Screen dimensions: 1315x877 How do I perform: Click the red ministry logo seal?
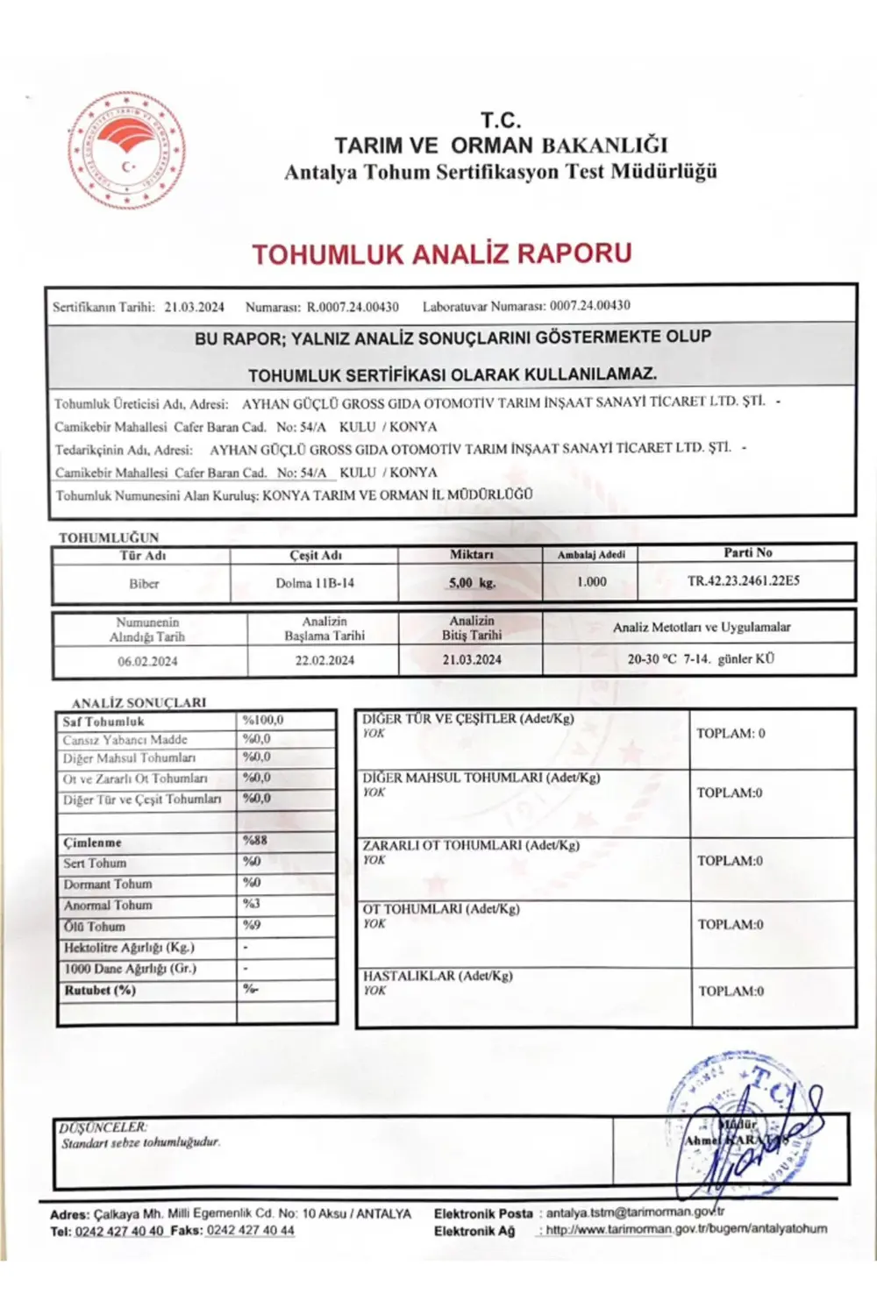126,150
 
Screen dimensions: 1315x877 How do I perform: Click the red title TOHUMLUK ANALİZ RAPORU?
442,254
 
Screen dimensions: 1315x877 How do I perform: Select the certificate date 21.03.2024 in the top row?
194,307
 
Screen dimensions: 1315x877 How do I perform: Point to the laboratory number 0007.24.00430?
589,306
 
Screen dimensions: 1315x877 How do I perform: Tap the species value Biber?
144,583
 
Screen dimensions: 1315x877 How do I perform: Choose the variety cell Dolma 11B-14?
315,583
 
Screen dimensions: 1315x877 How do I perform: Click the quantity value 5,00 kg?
472,582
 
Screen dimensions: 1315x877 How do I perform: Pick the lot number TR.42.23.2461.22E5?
743,580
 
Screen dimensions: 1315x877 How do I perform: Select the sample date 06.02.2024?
147,661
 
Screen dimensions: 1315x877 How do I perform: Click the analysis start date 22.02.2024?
324,660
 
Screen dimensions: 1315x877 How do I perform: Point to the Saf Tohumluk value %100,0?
263,720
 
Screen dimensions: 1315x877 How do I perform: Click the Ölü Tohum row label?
95,926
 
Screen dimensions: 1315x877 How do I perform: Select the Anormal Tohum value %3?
252,903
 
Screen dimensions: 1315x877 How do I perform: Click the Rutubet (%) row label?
100,990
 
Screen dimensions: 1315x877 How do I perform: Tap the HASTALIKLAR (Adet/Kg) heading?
438,976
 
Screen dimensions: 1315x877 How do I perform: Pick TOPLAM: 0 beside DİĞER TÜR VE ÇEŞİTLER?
731,733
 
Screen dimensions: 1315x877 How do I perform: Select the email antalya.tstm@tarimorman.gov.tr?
635,1212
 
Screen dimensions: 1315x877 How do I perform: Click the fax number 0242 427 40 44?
250,1230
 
